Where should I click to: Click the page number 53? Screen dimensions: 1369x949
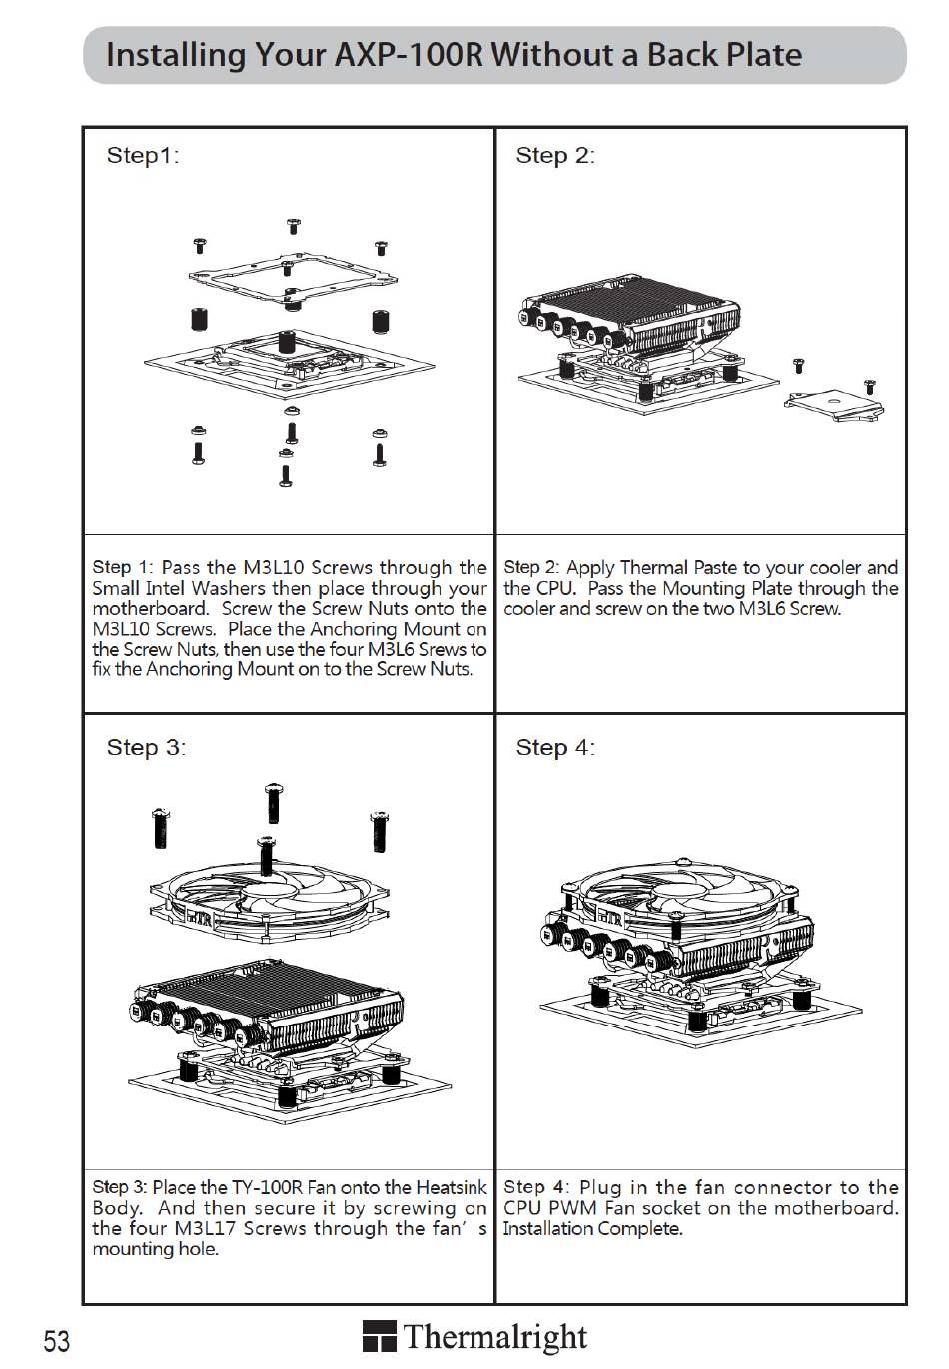57,1340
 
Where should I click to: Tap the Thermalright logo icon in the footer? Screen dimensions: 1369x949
379,1337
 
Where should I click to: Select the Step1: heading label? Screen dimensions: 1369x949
143,155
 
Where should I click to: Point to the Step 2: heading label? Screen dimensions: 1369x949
554,155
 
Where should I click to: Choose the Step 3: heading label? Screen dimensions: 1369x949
146,747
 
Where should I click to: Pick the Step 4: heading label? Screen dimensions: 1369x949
554,747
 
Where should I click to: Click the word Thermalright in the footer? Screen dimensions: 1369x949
495,1337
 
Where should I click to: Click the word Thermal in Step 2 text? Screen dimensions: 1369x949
654,568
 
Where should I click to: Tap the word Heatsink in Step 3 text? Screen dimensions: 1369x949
451,1188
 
